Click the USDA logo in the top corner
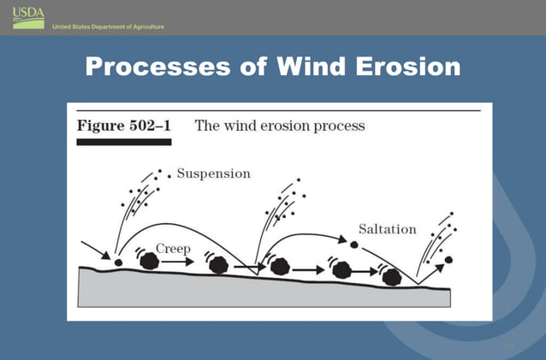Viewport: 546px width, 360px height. point(28,15)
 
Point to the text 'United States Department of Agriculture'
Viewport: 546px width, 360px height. point(108,27)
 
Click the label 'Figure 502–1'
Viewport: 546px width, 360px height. point(124,127)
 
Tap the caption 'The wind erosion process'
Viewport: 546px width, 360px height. point(280,127)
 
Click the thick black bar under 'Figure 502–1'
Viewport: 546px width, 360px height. point(124,143)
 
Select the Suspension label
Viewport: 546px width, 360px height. point(213,174)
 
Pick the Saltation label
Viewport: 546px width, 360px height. point(387,229)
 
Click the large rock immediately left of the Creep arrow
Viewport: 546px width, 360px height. point(150,260)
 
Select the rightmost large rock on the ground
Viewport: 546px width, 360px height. point(392,275)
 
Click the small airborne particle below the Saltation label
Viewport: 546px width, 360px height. point(353,245)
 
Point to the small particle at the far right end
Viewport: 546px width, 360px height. point(448,258)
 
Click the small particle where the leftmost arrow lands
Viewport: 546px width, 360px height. point(118,260)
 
